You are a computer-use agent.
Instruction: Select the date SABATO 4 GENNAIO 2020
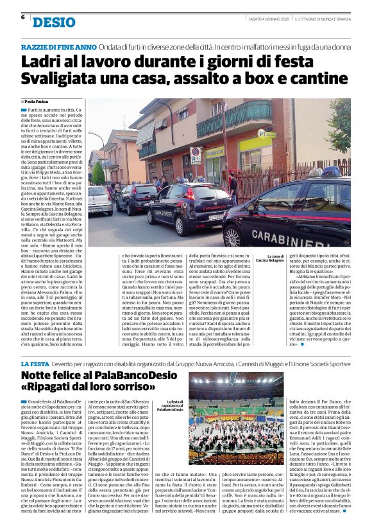pyautogui.click(x=267, y=17)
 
